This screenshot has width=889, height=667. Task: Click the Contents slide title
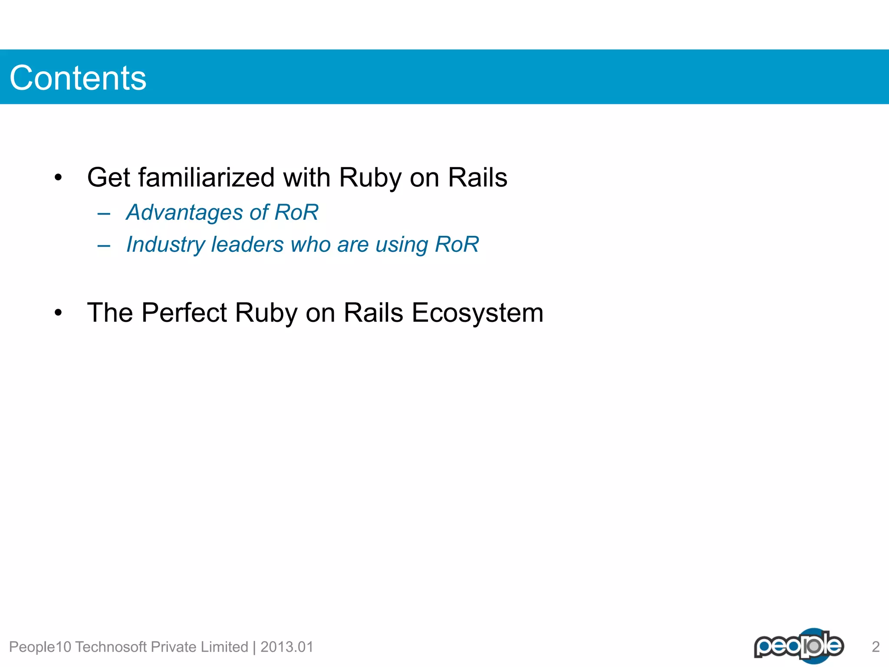pyautogui.click(x=78, y=78)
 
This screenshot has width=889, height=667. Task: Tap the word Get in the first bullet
pyautogui.click(x=109, y=178)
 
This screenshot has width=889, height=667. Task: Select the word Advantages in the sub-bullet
pyautogui.click(x=184, y=213)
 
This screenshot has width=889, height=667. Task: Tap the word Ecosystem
pyautogui.click(x=477, y=313)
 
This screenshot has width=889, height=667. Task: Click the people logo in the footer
pyautogui.click(x=799, y=646)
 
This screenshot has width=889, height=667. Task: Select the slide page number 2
pyautogui.click(x=876, y=647)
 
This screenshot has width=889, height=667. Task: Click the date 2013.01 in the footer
pyautogui.click(x=286, y=647)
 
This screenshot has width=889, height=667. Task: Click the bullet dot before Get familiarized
pyautogui.click(x=58, y=178)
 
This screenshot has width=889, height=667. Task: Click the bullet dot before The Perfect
pyautogui.click(x=58, y=313)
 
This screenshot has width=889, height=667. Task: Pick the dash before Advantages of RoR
pyautogui.click(x=104, y=214)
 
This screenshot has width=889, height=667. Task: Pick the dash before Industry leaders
pyautogui.click(x=104, y=246)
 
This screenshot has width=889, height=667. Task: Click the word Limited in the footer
pyautogui.click(x=224, y=647)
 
